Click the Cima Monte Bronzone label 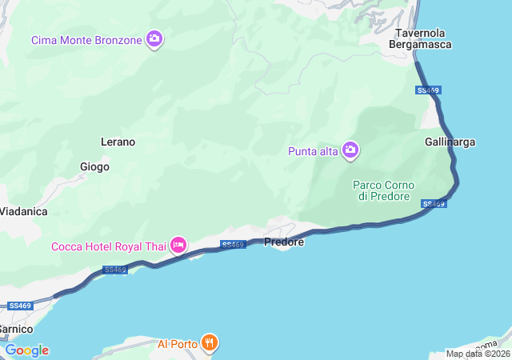pyautogui.click(x=86, y=39)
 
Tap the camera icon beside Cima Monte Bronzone pyautogui.click(x=154, y=38)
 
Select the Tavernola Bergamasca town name pyautogui.click(x=420, y=38)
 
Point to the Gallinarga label pyautogui.click(x=450, y=142)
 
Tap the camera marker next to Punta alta pyautogui.click(x=350, y=150)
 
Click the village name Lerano pyautogui.click(x=118, y=142)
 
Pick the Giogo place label pyautogui.click(x=94, y=167)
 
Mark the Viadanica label pyautogui.click(x=23, y=211)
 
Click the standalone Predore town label pyautogui.click(x=283, y=242)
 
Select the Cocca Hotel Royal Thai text pyautogui.click(x=108, y=246)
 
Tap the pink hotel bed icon pyautogui.click(x=178, y=245)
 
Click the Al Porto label pyautogui.click(x=176, y=344)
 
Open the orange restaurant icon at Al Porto pyautogui.click(x=209, y=343)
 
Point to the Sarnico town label pyautogui.click(x=15, y=329)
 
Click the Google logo pyautogui.click(x=26, y=350)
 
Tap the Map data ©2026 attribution pyautogui.click(x=477, y=354)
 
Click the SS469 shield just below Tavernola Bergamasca pyautogui.click(x=428, y=90)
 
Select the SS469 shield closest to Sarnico pyautogui.click(x=19, y=306)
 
